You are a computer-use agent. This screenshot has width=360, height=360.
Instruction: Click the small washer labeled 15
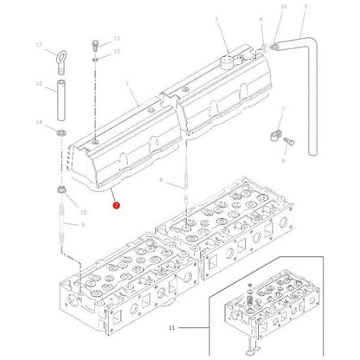[x=94, y=60]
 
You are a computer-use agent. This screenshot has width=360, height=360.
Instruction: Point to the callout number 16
[x=283, y=6]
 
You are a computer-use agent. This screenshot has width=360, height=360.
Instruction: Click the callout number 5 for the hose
[x=304, y=6]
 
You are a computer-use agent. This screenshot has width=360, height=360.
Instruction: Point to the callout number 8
[x=161, y=178]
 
